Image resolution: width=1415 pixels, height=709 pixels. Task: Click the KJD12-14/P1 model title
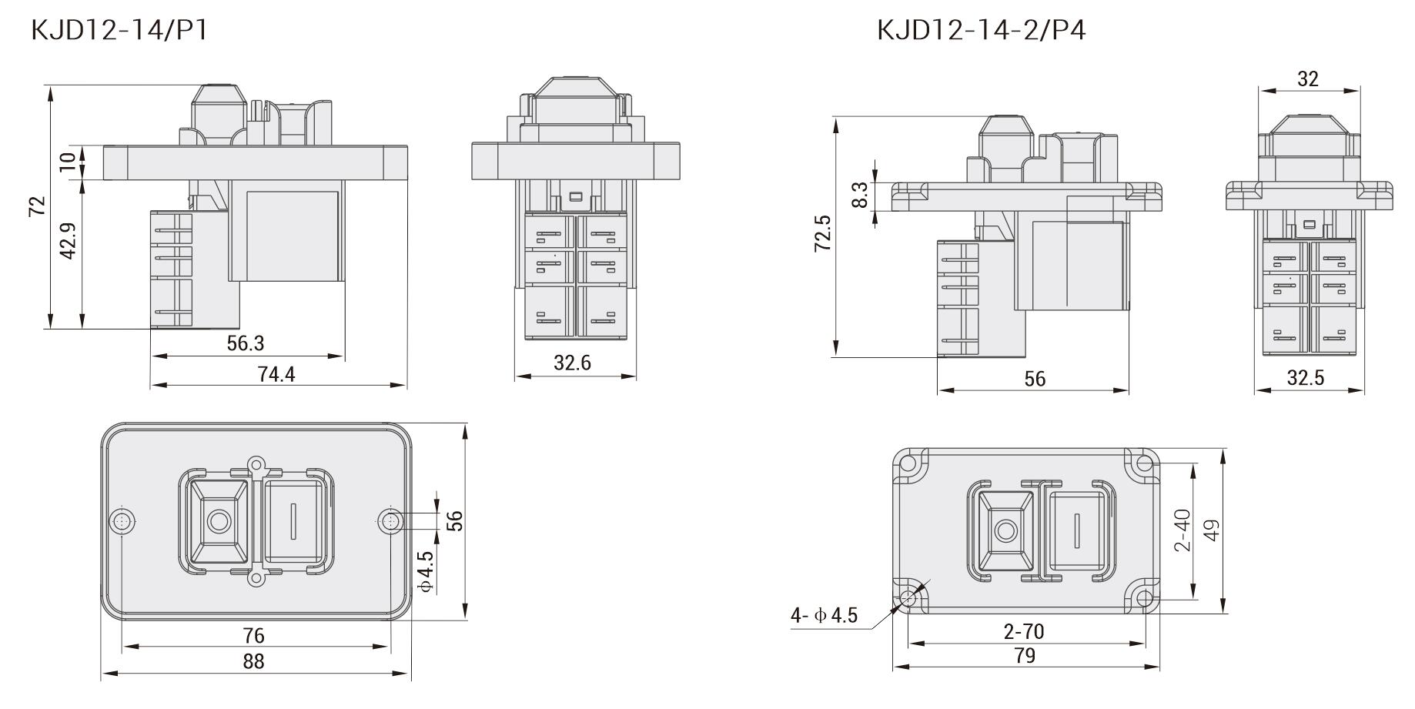[x=119, y=30]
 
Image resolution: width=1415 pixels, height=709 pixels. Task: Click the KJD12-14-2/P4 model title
[x=981, y=30]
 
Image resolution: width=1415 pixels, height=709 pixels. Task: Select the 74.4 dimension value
[x=276, y=374]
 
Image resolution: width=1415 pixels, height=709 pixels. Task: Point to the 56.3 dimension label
[x=246, y=344]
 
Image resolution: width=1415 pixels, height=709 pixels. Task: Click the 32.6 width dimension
[x=572, y=363]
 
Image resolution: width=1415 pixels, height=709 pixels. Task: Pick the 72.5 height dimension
[x=823, y=232]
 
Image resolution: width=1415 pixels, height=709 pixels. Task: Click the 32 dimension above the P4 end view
[x=1307, y=79]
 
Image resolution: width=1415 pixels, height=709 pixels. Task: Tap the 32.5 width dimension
[x=1306, y=378]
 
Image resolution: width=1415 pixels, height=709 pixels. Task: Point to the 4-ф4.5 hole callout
[x=824, y=616]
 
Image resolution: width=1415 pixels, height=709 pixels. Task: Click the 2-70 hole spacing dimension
[x=1024, y=632]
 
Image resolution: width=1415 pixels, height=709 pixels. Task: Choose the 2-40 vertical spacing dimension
[x=1183, y=531]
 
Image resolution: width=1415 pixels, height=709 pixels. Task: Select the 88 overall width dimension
[x=253, y=661]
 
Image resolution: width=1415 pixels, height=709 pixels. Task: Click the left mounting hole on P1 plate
[x=122, y=521]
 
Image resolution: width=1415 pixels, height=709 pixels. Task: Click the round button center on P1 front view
[x=219, y=522]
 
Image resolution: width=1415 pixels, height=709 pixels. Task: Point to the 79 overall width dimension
[x=1025, y=656]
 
